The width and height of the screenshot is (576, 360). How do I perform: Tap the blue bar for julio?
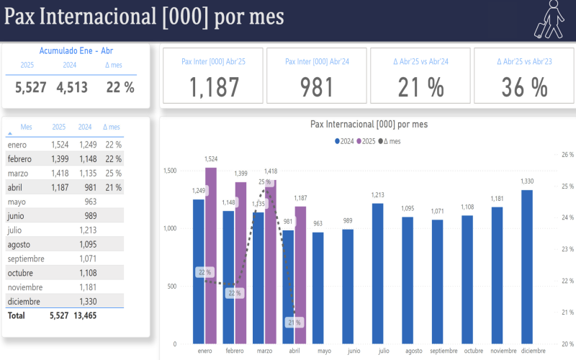coord(377,274)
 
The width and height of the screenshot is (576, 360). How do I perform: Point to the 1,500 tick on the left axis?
coord(170,171)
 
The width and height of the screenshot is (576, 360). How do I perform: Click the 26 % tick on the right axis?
coord(567,155)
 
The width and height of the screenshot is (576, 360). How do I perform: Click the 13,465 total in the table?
coord(87,315)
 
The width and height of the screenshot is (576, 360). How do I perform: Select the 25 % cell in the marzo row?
coord(112,174)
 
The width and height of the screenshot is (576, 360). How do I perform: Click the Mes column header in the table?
coord(27,127)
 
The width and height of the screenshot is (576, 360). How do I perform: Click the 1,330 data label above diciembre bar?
coord(527,181)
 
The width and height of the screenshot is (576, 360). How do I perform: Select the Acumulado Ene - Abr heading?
coord(76,51)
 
